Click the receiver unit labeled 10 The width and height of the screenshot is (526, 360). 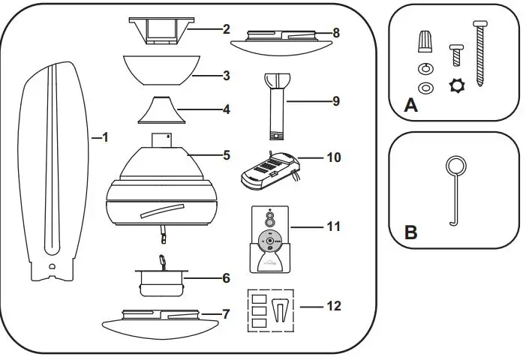click(x=270, y=169)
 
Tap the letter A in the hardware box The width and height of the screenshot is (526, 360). click(x=410, y=106)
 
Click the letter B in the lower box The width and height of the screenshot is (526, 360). click(x=410, y=232)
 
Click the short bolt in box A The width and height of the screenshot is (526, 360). click(x=454, y=53)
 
